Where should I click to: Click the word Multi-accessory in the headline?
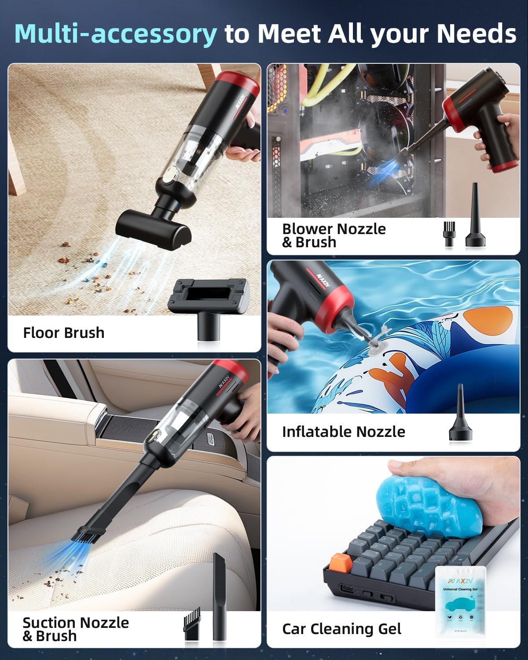tap(116, 33)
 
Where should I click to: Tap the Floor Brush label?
tap(64, 333)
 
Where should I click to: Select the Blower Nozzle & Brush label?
tap(334, 235)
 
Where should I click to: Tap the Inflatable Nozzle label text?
tap(343, 432)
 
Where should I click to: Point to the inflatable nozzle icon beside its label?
tap(460, 414)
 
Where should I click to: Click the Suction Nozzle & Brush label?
tap(76, 629)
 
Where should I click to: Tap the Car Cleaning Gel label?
tap(341, 629)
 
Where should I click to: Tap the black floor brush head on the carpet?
tap(154, 228)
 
